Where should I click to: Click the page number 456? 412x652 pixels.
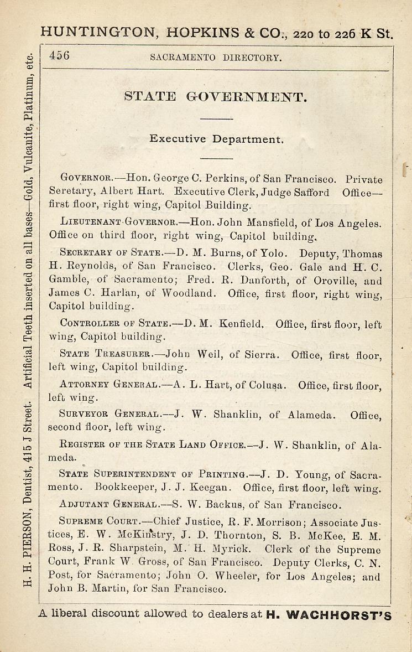(x=59, y=55)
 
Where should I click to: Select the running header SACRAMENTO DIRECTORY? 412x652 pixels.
(x=216, y=57)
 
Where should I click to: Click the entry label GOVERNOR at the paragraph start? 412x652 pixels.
(x=86, y=179)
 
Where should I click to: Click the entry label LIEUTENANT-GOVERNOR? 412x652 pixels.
(x=118, y=224)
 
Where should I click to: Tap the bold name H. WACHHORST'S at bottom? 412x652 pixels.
(x=328, y=614)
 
